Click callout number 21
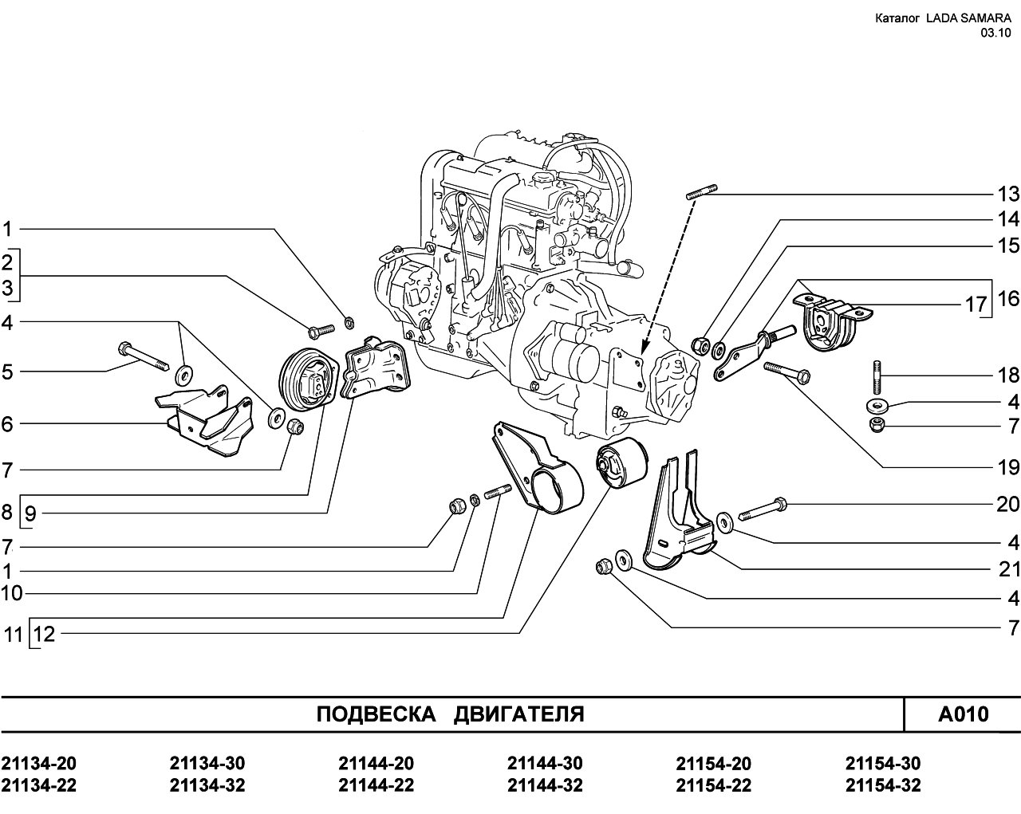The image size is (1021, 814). pyautogui.click(x=1008, y=569)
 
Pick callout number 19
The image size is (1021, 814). pyautogui.click(x=1008, y=466)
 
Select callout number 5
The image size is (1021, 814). pyautogui.click(x=7, y=372)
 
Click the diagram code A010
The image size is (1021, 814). pyautogui.click(x=963, y=714)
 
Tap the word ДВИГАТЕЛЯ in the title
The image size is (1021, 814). pyautogui.click(x=519, y=714)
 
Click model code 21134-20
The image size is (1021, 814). pyautogui.click(x=39, y=764)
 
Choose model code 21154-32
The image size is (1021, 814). pyautogui.click(x=883, y=785)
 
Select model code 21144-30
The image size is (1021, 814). pyautogui.click(x=545, y=764)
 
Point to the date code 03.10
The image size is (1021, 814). pyautogui.click(x=996, y=33)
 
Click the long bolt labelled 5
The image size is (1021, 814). pyautogui.click(x=144, y=356)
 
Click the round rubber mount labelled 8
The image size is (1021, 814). pyautogui.click(x=308, y=380)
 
